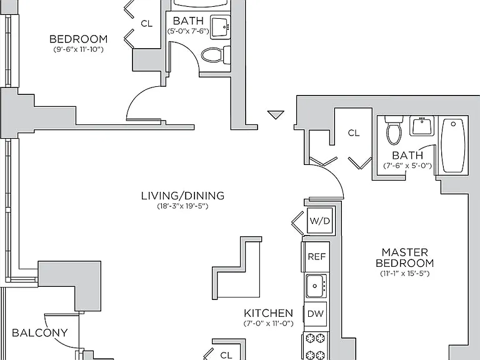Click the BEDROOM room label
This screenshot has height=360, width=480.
pos(78,39)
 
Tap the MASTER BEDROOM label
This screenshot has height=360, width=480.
pos(405,257)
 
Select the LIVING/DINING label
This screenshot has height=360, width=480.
pos(182,196)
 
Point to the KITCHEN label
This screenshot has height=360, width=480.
pos(269,313)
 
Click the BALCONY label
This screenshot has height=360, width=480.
pos(40,332)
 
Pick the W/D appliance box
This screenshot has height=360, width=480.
pos(320,221)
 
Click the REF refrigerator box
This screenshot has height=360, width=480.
pos(316,256)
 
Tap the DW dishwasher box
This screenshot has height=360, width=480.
pos(315,314)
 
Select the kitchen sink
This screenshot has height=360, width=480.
pos(316,286)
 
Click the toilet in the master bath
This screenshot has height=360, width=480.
pos(394,130)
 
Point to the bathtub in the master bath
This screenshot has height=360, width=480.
pos(453,146)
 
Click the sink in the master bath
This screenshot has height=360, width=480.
pos(422,126)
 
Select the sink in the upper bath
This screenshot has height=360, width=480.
pos(221,27)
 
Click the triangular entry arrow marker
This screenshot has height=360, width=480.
pos(276,114)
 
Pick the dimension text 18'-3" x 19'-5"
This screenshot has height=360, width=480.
pos(182,206)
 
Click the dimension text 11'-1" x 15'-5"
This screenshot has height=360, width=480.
pos(405,273)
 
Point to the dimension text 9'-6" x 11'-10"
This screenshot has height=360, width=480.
pos(78,49)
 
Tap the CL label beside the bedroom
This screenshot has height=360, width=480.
pos(147,23)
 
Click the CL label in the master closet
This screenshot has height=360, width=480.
pos(354,133)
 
